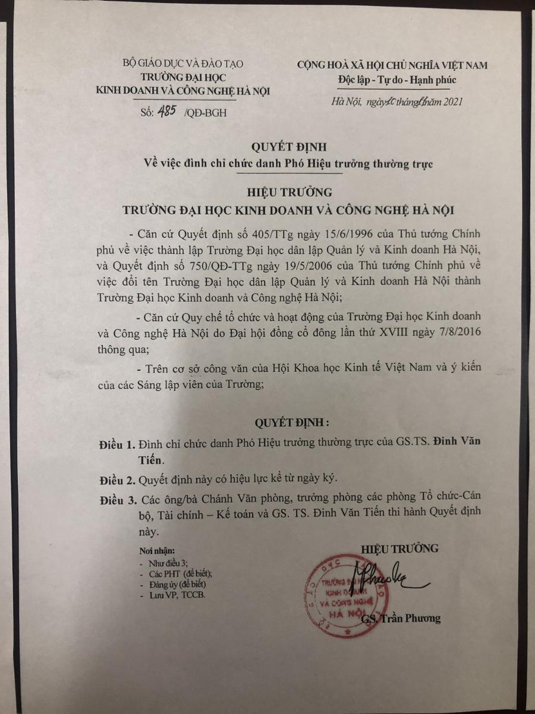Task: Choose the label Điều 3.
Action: click(x=117, y=501)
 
